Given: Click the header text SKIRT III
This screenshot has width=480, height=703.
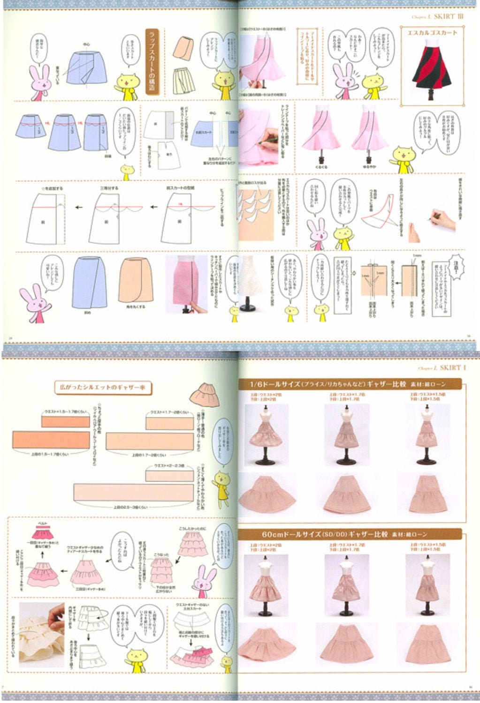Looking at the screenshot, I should (x=449, y=16).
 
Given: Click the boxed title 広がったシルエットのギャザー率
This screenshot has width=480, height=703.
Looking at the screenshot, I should (x=104, y=388).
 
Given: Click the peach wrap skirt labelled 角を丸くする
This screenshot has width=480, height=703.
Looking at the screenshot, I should (x=136, y=280).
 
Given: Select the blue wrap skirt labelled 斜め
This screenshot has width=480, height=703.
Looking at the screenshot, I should (x=89, y=282).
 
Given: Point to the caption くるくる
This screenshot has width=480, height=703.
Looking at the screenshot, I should (x=321, y=166).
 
